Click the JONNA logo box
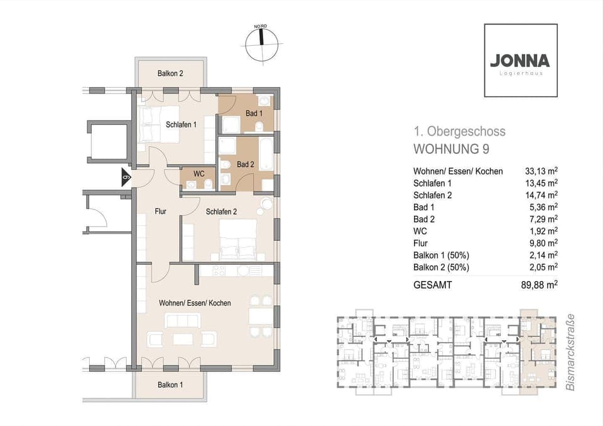[520, 61]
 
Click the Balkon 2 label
[170, 74]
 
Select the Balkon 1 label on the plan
[170, 385]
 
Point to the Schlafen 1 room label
[181, 124]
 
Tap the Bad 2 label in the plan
[245, 164]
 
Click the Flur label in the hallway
[161, 211]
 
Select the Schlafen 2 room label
[221, 211]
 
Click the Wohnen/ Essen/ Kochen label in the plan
[195, 303]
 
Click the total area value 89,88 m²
[541, 284]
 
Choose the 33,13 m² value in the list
[541, 171]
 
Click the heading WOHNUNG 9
[450, 149]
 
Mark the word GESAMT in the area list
[432, 284]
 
